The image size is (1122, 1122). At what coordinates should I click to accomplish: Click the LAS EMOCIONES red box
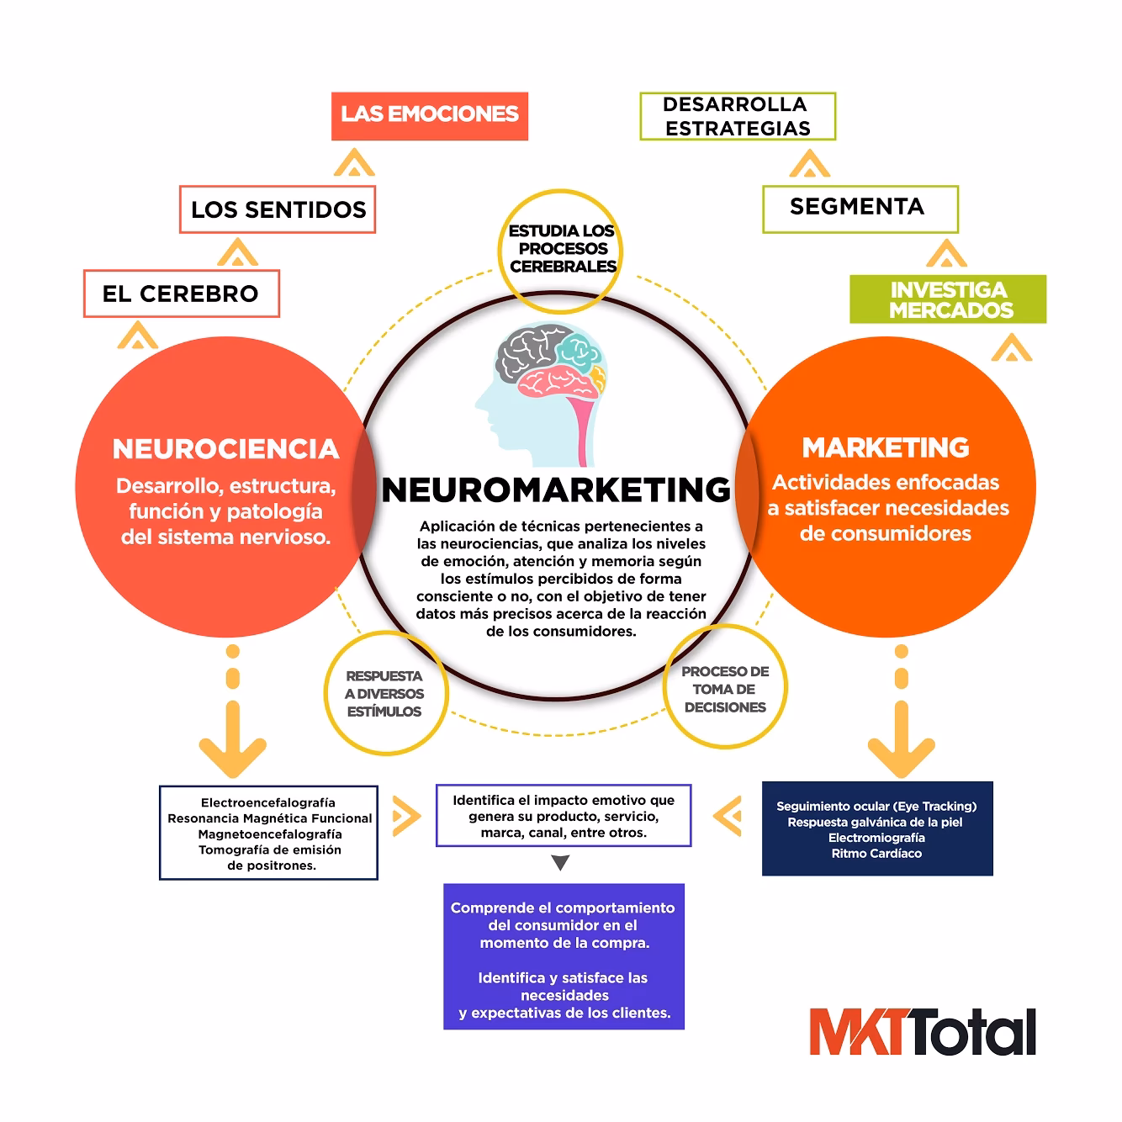point(429,115)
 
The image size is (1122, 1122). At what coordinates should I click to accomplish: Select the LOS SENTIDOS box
point(278,209)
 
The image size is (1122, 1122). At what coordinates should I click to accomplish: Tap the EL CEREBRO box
point(181,294)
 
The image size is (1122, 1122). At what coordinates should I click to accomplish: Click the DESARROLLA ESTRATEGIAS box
point(737,116)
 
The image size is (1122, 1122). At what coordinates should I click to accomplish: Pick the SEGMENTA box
point(859,208)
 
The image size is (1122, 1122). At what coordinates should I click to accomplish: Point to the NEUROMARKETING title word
point(556,490)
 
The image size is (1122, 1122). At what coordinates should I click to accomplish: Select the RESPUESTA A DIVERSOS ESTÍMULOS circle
point(384,694)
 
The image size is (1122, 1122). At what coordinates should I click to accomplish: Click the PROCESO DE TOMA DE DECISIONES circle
point(725,689)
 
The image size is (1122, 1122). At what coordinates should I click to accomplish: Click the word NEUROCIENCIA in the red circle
point(225,449)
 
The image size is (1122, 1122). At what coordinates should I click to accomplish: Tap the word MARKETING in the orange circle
point(886,447)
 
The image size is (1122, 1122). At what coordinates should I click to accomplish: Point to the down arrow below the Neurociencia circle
point(233,740)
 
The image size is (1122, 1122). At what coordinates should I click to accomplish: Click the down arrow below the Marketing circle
point(901,740)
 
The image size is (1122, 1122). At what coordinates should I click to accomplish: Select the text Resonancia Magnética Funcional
point(269,818)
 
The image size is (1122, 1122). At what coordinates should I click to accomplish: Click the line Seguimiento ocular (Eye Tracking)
point(876,806)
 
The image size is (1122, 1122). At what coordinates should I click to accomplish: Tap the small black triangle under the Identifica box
point(562,863)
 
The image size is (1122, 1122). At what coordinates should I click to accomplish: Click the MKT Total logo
point(922,1033)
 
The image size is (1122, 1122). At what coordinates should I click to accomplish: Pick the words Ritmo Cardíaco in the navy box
point(876,854)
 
